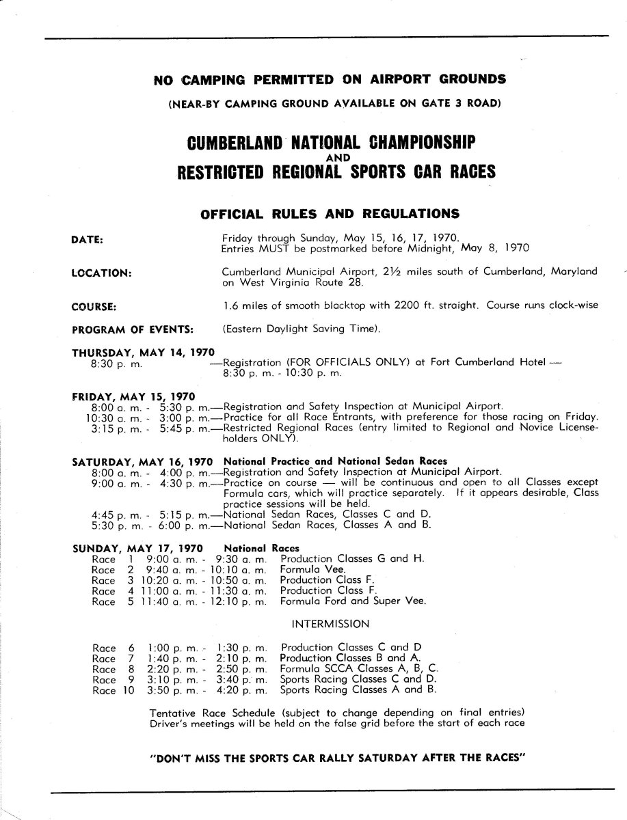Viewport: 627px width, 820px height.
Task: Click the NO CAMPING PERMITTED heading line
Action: [x=330, y=79]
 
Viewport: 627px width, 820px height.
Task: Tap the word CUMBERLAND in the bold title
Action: [x=225, y=144]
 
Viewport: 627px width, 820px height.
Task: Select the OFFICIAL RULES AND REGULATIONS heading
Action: [x=329, y=213]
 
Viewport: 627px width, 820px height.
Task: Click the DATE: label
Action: [x=87, y=240]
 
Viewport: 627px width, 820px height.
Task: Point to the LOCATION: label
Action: [x=101, y=272]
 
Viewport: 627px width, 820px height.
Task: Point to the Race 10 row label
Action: [x=109, y=691]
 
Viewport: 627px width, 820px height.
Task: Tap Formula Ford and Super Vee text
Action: [x=353, y=601]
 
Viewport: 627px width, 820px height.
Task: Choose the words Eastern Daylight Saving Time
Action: [x=299, y=329]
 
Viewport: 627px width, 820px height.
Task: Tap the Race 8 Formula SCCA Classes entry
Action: [x=360, y=669]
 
